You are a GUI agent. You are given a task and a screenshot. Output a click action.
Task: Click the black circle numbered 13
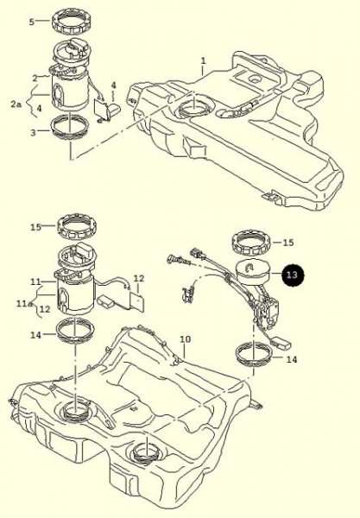293,275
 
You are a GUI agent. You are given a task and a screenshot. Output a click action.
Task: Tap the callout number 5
32,22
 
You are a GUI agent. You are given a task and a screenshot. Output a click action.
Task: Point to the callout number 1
204,60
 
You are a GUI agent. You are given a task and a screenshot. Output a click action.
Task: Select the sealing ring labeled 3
70,128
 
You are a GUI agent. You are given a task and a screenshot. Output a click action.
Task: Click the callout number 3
33,133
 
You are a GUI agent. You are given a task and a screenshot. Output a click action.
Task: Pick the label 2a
16,104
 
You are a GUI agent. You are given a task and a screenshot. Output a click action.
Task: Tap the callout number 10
186,339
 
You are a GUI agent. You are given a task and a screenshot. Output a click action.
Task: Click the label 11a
24,303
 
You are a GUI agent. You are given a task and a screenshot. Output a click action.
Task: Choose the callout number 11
35,281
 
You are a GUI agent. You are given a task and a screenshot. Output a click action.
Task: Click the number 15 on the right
288,242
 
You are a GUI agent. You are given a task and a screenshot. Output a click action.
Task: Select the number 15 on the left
35,227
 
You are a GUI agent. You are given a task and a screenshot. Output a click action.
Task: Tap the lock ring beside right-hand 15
250,243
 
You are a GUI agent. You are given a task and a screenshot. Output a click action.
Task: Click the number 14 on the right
292,359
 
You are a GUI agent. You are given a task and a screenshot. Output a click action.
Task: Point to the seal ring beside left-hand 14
76,332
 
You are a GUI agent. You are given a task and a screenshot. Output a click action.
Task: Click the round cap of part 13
252,273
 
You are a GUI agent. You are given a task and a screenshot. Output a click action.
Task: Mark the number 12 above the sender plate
139,279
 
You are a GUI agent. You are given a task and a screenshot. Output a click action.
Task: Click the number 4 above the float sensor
114,85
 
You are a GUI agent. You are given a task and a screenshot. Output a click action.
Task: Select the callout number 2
35,79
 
